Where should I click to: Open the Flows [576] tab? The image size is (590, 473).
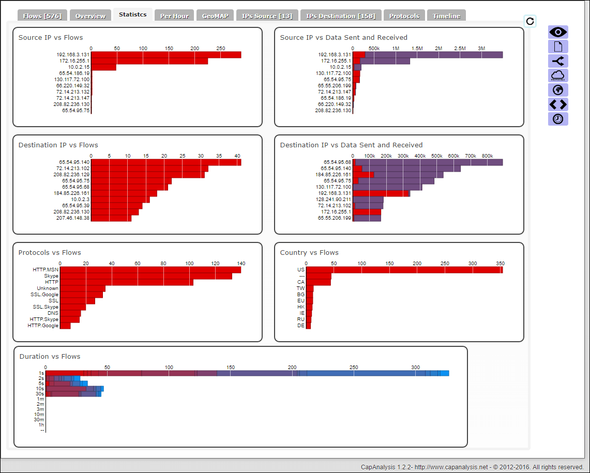click(x=42, y=16)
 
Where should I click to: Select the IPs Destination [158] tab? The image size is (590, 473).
click(x=340, y=16)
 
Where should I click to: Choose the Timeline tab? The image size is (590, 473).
click(x=446, y=16)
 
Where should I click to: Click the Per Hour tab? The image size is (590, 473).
click(x=174, y=16)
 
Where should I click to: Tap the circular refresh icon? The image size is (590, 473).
click(x=530, y=21)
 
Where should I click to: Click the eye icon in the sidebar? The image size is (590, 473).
click(x=558, y=32)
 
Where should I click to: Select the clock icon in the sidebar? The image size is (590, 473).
click(x=558, y=119)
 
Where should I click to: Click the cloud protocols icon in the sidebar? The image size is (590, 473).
click(x=558, y=75)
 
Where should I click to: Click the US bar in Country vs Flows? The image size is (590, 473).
click(x=404, y=270)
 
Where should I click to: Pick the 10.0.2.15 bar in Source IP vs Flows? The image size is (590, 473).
click(x=103, y=67)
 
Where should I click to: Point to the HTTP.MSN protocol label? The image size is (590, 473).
click(x=46, y=270)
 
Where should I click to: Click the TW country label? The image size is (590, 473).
click(x=300, y=288)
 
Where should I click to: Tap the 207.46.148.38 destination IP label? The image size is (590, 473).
click(x=73, y=218)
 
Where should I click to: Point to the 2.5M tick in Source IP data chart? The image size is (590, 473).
click(x=460, y=48)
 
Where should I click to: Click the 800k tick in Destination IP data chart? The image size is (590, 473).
click(x=487, y=156)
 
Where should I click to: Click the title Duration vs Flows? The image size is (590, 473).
click(x=50, y=356)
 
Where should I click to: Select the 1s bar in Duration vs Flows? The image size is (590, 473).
click(x=247, y=373)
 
